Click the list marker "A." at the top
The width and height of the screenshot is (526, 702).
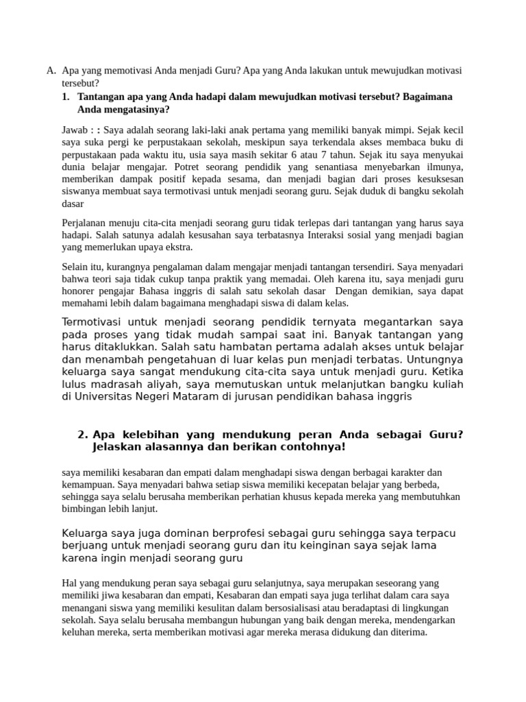(51, 71)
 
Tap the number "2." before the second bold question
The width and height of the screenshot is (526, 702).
(84, 435)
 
